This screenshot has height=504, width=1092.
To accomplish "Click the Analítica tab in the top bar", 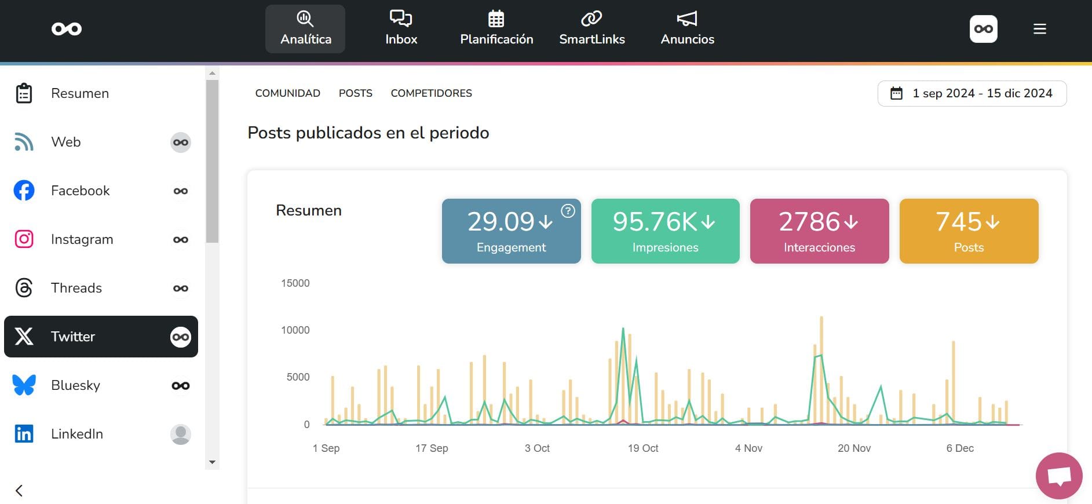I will point(305,29).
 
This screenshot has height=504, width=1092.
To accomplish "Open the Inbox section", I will point(401,29).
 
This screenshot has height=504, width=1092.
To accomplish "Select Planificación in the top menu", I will point(496,29).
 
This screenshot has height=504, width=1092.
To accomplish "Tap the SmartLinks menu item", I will point(591,29).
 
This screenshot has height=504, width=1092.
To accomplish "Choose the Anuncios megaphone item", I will point(687,29).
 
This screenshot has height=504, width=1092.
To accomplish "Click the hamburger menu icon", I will point(1039,29).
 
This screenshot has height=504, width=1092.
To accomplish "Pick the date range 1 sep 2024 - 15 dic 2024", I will point(972,93).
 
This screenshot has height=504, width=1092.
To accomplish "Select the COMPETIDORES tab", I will point(431,93).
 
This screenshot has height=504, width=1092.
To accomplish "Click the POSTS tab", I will point(355,93).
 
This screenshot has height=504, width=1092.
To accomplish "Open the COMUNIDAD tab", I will point(287,93).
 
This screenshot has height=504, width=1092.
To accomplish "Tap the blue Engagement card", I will point(511,231).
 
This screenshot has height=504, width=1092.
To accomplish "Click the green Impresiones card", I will point(665,231).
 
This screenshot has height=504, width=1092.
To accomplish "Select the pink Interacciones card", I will point(819,231).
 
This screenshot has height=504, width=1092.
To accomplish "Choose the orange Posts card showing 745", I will point(969,231).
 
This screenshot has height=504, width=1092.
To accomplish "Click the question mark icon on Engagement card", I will point(568,211).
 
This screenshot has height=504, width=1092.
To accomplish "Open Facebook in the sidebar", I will point(80,191).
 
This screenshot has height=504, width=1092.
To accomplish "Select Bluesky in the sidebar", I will point(75,385).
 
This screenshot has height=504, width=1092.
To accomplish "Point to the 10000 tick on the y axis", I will point(295,330).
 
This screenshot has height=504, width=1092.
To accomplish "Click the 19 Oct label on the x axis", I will point(642,448).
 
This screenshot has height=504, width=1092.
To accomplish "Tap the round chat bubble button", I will point(1058,476).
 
